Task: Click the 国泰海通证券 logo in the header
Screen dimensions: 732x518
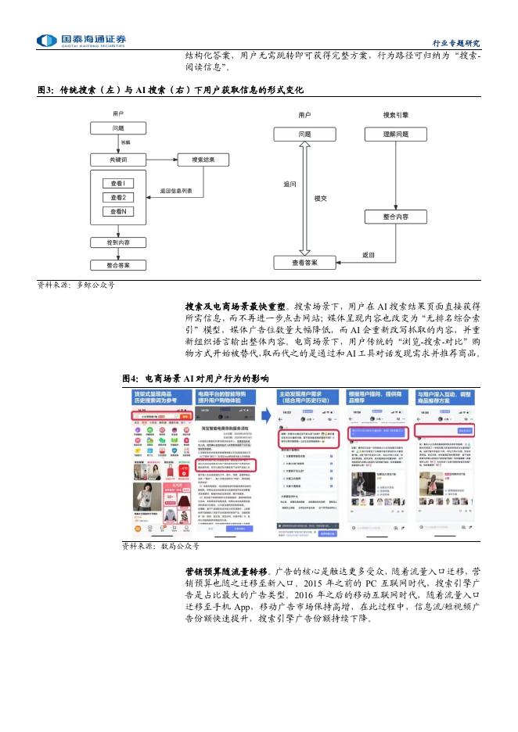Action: click(x=83, y=40)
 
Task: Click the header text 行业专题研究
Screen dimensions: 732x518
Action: click(x=456, y=42)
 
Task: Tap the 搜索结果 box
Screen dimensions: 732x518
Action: click(x=203, y=160)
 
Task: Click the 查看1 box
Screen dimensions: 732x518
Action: click(x=118, y=183)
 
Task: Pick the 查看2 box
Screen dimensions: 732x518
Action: click(x=118, y=197)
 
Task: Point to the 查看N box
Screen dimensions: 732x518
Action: click(x=118, y=211)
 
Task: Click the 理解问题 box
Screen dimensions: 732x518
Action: click(x=395, y=135)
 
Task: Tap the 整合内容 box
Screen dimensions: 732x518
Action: click(x=395, y=216)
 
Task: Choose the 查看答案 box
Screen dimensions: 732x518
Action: click(x=305, y=264)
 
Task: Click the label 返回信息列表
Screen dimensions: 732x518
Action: click(x=182, y=191)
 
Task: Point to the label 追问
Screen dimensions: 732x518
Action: click(x=290, y=185)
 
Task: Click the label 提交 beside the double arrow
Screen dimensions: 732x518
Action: click(x=320, y=199)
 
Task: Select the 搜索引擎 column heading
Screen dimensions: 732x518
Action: click(x=395, y=114)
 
